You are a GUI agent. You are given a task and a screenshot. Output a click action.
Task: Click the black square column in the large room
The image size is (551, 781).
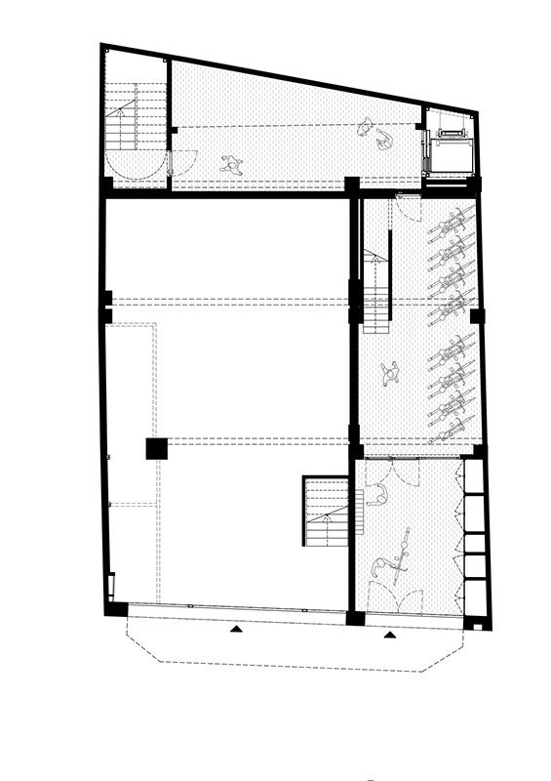(156, 448)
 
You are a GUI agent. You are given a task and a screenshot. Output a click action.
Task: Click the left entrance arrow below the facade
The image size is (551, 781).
(234, 631)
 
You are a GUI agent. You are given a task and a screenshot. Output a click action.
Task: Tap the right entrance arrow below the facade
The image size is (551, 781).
(390, 635)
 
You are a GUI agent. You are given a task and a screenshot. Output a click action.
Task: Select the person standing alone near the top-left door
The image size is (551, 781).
(231, 164)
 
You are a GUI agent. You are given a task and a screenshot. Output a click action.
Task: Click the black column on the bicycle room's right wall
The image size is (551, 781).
(476, 316)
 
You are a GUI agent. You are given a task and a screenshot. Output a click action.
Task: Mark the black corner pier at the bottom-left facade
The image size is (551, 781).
(116, 609)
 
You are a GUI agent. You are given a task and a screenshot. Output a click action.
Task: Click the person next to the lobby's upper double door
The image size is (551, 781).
(378, 495)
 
